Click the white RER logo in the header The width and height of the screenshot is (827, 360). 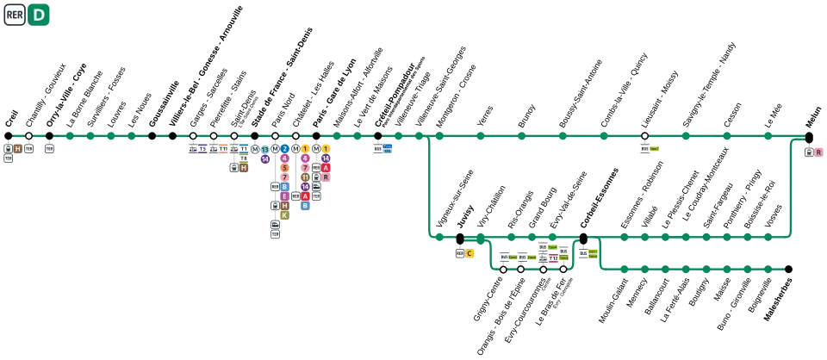pos(15,15)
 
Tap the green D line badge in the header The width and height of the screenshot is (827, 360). pos(40,15)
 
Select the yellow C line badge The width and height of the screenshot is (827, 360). pos(469,254)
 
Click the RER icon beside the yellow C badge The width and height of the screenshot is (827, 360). pos(460,254)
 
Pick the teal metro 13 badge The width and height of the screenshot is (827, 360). pos(265,149)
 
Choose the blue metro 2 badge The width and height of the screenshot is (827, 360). pos(284,149)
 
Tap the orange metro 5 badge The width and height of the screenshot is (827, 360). pos(284,168)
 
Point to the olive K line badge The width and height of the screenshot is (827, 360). pos(284,215)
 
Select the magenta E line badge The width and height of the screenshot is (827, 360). pos(284,196)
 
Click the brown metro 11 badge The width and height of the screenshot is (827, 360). pos(305,177)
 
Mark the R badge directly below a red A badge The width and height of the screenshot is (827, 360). pos(326,177)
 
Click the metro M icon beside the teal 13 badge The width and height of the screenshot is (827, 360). pos(255,149)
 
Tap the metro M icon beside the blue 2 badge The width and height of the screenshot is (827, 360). pos(275,149)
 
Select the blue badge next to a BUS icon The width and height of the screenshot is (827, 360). pos(388,148)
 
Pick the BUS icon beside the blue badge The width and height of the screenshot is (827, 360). pos(377,148)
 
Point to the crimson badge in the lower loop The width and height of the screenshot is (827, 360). pos(553,258)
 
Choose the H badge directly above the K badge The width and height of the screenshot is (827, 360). pos(284,206)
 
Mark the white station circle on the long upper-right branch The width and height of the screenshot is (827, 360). pos(644,136)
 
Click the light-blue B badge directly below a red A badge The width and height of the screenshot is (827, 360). pos(304,207)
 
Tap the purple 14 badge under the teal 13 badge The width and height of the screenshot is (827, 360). pos(265,159)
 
